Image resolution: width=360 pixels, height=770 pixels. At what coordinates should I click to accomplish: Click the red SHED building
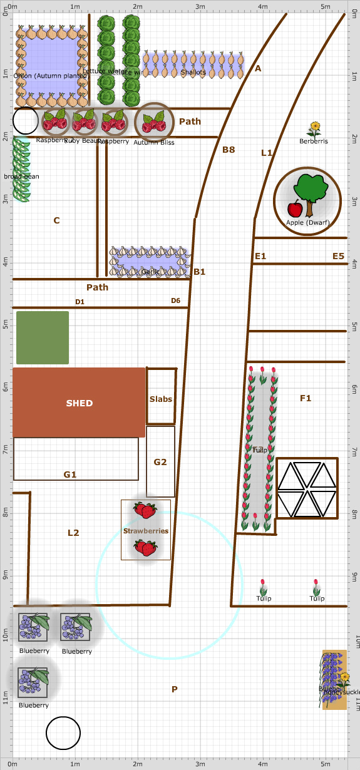(79, 403)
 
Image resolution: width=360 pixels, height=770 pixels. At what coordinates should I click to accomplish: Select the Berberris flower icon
(314, 130)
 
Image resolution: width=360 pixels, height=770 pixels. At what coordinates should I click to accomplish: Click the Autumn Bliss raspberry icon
(153, 123)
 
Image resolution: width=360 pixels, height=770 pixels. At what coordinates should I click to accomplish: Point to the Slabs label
(160, 399)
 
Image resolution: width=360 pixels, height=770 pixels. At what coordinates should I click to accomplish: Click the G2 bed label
(160, 462)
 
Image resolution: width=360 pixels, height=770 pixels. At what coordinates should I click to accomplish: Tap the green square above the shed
(43, 337)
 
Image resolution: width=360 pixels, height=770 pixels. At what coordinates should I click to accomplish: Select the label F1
(306, 398)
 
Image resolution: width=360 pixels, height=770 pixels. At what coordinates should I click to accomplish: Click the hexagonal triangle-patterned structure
(307, 488)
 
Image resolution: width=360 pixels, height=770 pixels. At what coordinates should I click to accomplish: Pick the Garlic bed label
(150, 272)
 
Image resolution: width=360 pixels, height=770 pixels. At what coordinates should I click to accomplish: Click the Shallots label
(193, 73)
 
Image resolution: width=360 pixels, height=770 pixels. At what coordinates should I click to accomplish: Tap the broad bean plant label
(21, 177)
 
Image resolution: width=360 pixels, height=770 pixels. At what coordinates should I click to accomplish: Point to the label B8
(229, 150)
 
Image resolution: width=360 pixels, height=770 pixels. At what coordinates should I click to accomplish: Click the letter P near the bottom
(175, 689)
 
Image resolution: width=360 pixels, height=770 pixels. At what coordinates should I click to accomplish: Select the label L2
(73, 533)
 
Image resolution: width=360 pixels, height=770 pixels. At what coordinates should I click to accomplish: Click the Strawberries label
(145, 531)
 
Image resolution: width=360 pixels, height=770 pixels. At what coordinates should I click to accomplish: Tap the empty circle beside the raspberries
(26, 120)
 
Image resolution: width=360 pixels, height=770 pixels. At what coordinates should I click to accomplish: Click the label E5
(338, 256)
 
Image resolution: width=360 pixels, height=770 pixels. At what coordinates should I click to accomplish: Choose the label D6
(176, 300)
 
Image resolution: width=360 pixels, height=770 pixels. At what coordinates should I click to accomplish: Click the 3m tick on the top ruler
(200, 6)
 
